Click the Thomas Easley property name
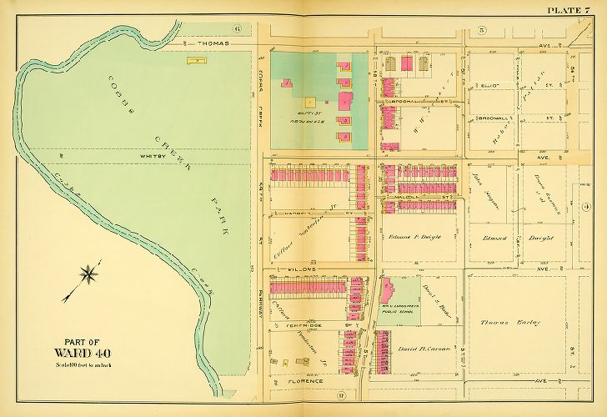click(510, 322)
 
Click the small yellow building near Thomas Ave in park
click(197, 60)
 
